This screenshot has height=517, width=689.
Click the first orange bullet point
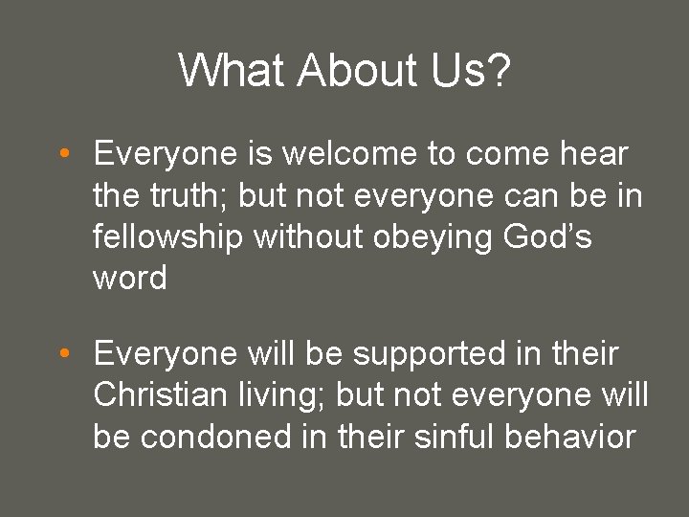(x=61, y=154)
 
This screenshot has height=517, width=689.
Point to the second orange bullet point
(x=61, y=355)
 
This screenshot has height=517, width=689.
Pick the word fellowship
(x=168, y=236)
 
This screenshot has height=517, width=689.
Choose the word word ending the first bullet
(x=130, y=279)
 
